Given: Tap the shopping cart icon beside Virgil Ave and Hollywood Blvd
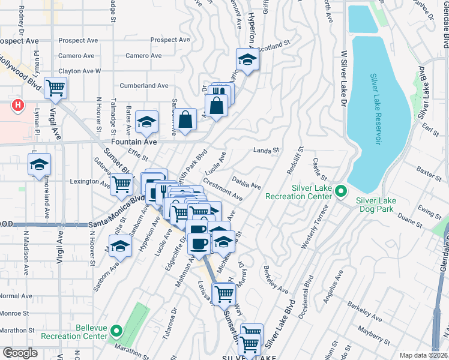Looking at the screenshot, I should tap(55, 89).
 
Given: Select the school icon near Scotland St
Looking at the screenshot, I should tap(247, 59).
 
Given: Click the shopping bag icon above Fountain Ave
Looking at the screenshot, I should tap(187, 119).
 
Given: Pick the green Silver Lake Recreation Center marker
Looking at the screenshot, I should tap(341, 192).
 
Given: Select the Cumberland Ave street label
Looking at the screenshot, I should tap(144, 86).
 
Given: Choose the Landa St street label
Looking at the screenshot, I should tap(267, 151).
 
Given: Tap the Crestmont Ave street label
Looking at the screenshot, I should tap(223, 190).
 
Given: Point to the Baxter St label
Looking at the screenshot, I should tap(429, 175).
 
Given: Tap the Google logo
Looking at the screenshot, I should tap(20, 353).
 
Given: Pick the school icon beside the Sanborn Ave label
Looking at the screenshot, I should tap(120, 247).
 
